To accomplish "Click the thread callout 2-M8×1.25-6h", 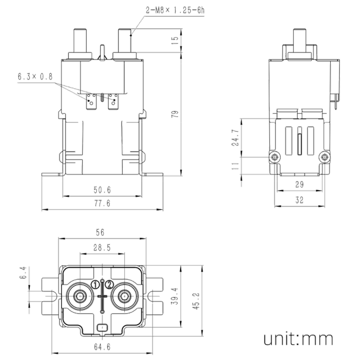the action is click(175, 10).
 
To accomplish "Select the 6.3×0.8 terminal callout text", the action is click(35, 76).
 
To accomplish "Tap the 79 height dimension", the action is click(175, 114).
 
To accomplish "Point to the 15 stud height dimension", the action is click(175, 40).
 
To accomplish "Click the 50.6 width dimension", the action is click(102, 190).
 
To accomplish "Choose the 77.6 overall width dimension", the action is click(102, 204).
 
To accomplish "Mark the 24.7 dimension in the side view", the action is click(236, 138).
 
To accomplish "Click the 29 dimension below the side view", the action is click(299, 184).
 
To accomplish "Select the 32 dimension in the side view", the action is click(299, 200).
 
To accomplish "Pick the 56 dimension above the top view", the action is click(100, 232).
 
